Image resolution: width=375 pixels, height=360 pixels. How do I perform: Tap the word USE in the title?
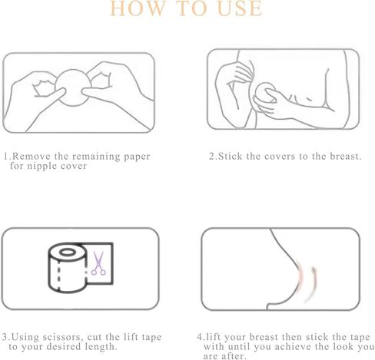(238, 9)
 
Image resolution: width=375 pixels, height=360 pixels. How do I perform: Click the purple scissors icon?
(98, 264)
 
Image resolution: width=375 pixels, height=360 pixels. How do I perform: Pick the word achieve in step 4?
(291, 346)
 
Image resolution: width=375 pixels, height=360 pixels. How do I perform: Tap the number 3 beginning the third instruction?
(5, 336)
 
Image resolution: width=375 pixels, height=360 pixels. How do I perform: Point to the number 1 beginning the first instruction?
(5, 157)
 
